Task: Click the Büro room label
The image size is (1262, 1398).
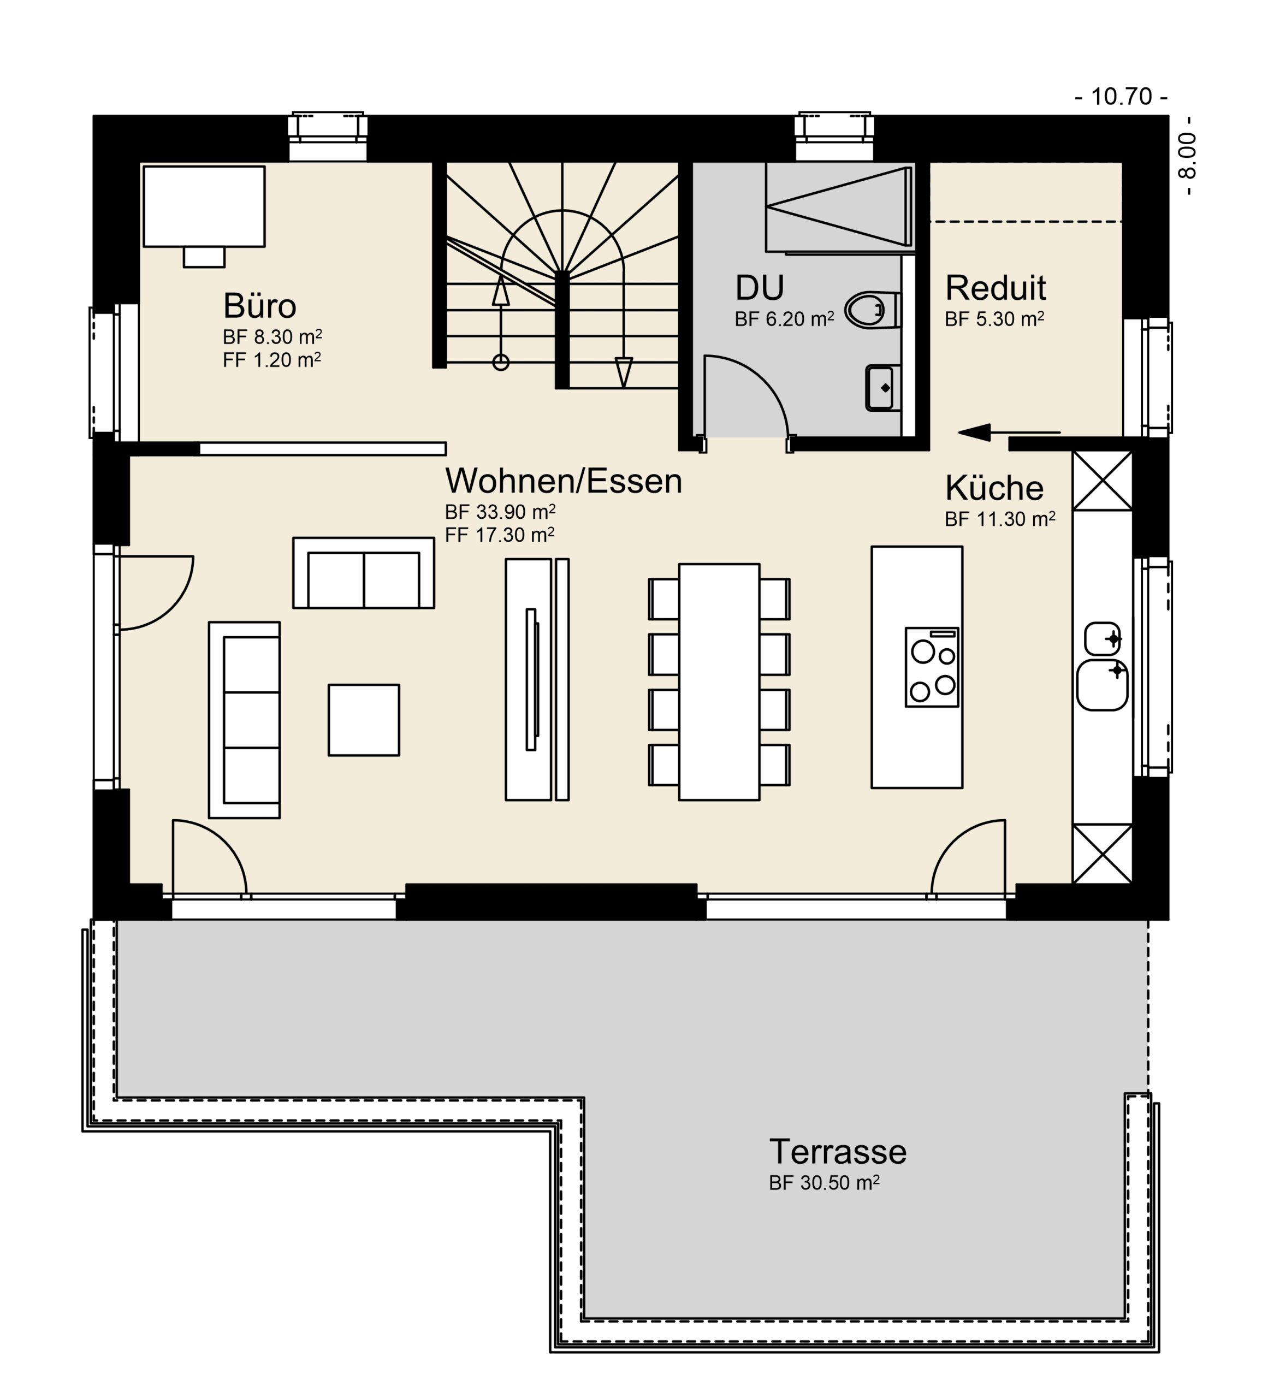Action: click(259, 305)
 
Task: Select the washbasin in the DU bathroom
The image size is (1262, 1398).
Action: click(882, 388)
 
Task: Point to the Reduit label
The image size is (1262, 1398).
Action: click(995, 288)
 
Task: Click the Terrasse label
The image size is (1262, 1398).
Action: click(838, 1152)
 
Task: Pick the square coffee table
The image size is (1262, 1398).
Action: click(363, 720)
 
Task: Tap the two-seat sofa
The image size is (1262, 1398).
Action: click(363, 573)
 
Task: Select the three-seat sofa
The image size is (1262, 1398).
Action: click(244, 720)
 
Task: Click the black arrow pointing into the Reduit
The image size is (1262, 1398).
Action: click(1009, 433)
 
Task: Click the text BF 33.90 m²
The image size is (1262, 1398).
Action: click(500, 512)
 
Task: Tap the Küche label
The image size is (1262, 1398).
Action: click(994, 488)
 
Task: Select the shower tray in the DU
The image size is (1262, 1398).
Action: click(838, 206)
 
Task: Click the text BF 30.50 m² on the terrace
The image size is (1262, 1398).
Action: click(823, 1183)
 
